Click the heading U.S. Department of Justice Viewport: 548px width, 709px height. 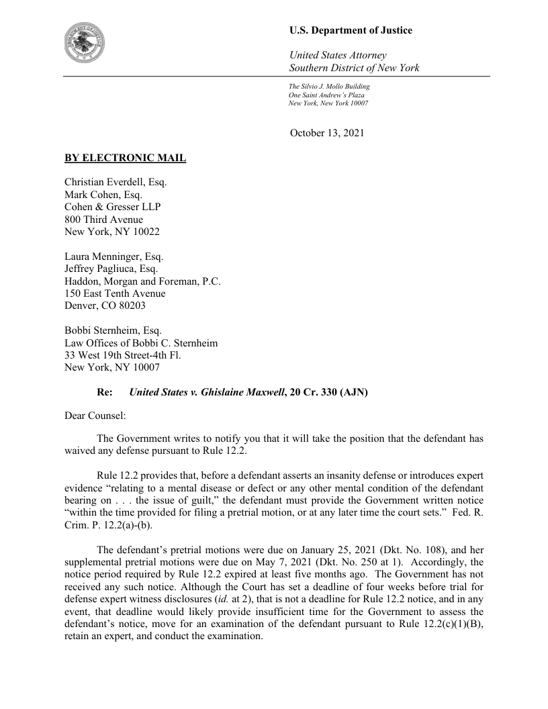pos(351,30)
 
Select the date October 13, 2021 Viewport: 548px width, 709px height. pos(327,133)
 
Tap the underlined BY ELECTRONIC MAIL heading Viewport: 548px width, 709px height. pos(125,158)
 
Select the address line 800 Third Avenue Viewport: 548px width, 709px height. pos(103,219)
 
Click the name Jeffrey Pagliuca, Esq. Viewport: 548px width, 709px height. pos(111,269)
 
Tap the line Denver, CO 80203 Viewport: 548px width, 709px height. pos(102,305)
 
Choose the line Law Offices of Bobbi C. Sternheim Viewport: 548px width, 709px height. pos(141,342)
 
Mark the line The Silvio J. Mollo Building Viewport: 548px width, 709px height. pos(329,87)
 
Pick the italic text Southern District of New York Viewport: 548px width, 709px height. pos(354,68)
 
